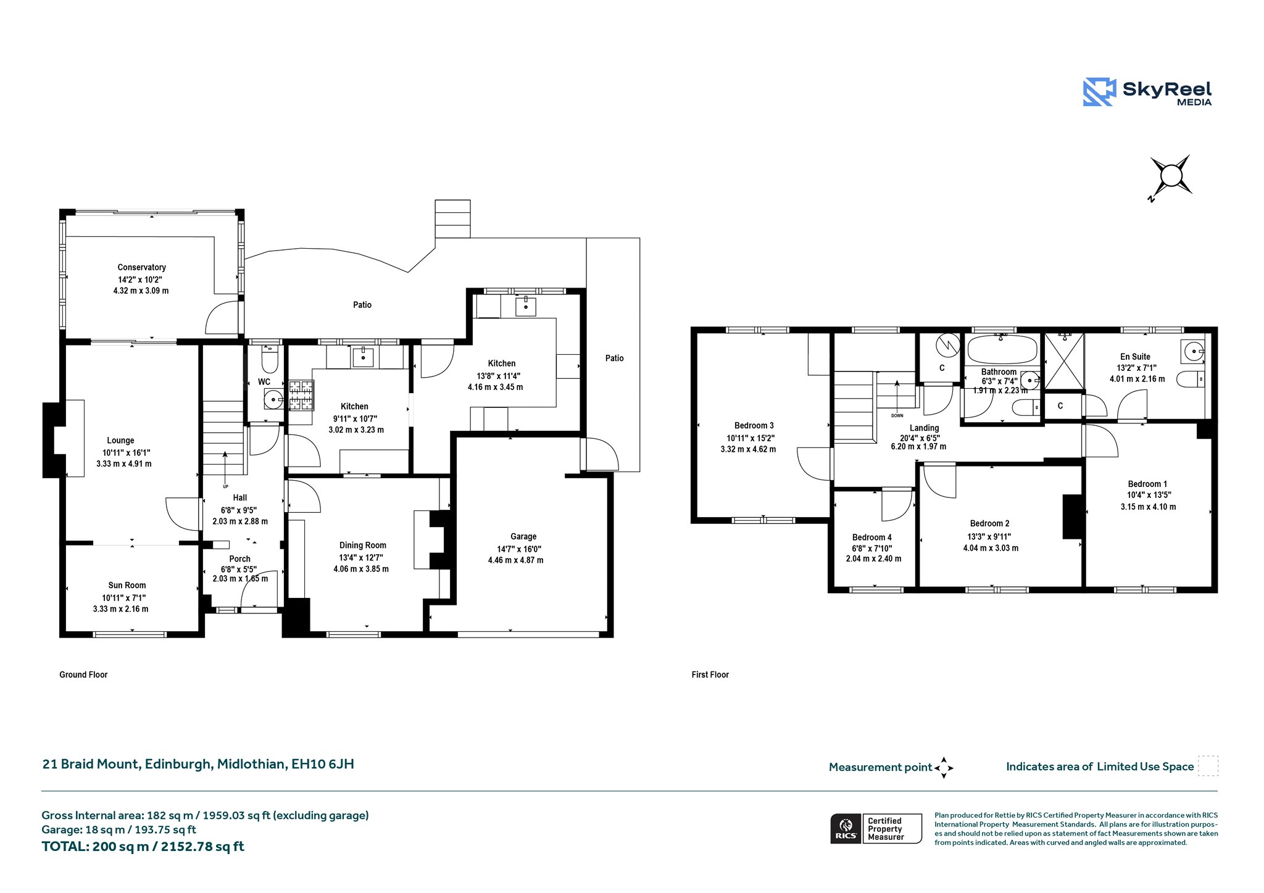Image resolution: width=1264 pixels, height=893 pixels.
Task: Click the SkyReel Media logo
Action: [x=1147, y=92]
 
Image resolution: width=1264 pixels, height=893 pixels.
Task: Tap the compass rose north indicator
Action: [x=1170, y=177]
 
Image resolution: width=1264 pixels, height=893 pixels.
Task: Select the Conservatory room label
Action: [x=141, y=267]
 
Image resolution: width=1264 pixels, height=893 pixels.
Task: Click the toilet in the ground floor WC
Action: [x=270, y=357]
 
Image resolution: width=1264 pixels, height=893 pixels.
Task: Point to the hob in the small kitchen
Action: [x=301, y=396]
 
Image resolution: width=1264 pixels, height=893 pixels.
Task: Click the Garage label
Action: [x=523, y=536]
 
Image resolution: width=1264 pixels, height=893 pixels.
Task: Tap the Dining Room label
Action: [x=362, y=545]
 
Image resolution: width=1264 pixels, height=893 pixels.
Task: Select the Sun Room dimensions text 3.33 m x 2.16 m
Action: [x=120, y=608]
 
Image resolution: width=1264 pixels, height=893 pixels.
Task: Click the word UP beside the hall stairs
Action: [x=225, y=486]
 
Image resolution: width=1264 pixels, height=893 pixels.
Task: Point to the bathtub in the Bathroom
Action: [x=1002, y=350]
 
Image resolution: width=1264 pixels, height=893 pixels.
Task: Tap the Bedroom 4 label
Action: [x=871, y=537]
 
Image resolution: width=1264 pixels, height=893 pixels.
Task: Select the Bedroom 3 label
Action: [x=754, y=425]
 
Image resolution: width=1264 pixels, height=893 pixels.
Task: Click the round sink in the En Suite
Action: [x=1194, y=352]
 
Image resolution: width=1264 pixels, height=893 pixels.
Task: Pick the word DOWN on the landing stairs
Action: [x=897, y=415]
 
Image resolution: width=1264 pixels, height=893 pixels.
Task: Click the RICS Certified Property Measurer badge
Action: [x=876, y=828]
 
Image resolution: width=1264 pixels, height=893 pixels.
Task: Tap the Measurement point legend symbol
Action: [x=944, y=768]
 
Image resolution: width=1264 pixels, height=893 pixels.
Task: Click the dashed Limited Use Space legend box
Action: [x=1208, y=765]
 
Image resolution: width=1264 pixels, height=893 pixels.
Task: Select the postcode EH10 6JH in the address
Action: [x=323, y=764]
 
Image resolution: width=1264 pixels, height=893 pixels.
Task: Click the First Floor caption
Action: [x=710, y=675]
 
